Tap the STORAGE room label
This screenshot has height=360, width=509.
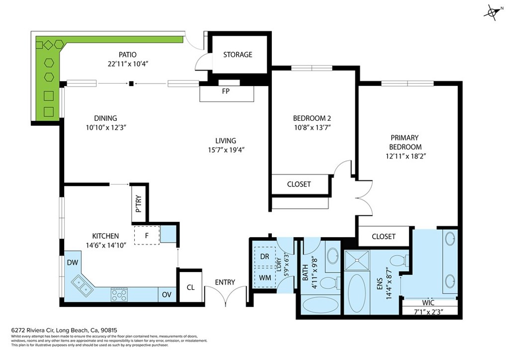coord(238,55)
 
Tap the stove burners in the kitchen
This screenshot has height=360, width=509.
coord(119,295)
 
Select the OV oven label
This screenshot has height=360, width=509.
coord(167,295)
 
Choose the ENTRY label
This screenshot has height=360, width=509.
coord(225,282)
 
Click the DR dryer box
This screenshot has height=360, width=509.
coord(265,256)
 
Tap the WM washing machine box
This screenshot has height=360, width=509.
coord(265,278)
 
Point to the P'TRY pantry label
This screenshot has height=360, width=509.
coord(138,203)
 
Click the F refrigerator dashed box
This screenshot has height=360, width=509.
coord(147,236)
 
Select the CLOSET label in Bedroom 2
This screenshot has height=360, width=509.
coord(299,184)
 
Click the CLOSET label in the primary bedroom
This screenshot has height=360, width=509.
coord(384,237)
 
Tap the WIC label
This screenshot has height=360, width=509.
coord(428,302)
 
